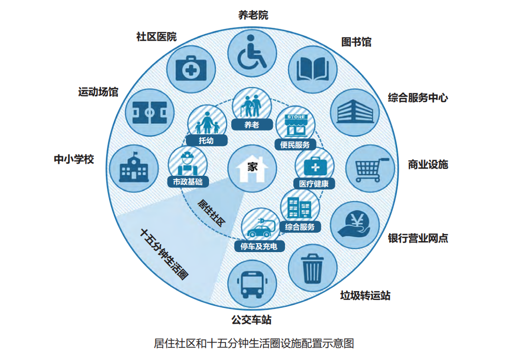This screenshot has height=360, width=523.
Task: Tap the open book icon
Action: [313, 68]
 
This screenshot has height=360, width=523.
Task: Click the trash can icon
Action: [312, 268]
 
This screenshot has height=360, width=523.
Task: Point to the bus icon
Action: [252, 284]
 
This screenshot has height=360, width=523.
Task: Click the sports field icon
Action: [150, 113]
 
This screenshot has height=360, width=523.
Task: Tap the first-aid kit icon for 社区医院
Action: [191, 68]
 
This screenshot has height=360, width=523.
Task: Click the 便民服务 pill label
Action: [295, 145]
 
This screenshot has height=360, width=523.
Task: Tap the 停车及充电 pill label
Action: [259, 246]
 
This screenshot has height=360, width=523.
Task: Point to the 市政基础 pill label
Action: [188, 182]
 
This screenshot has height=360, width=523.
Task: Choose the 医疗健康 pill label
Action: [314, 183]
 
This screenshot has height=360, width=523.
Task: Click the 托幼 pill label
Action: [206, 141]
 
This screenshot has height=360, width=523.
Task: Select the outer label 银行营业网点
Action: [418, 238]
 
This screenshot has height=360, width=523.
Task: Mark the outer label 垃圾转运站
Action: [365, 295]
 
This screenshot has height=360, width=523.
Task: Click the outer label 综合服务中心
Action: [418, 98]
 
